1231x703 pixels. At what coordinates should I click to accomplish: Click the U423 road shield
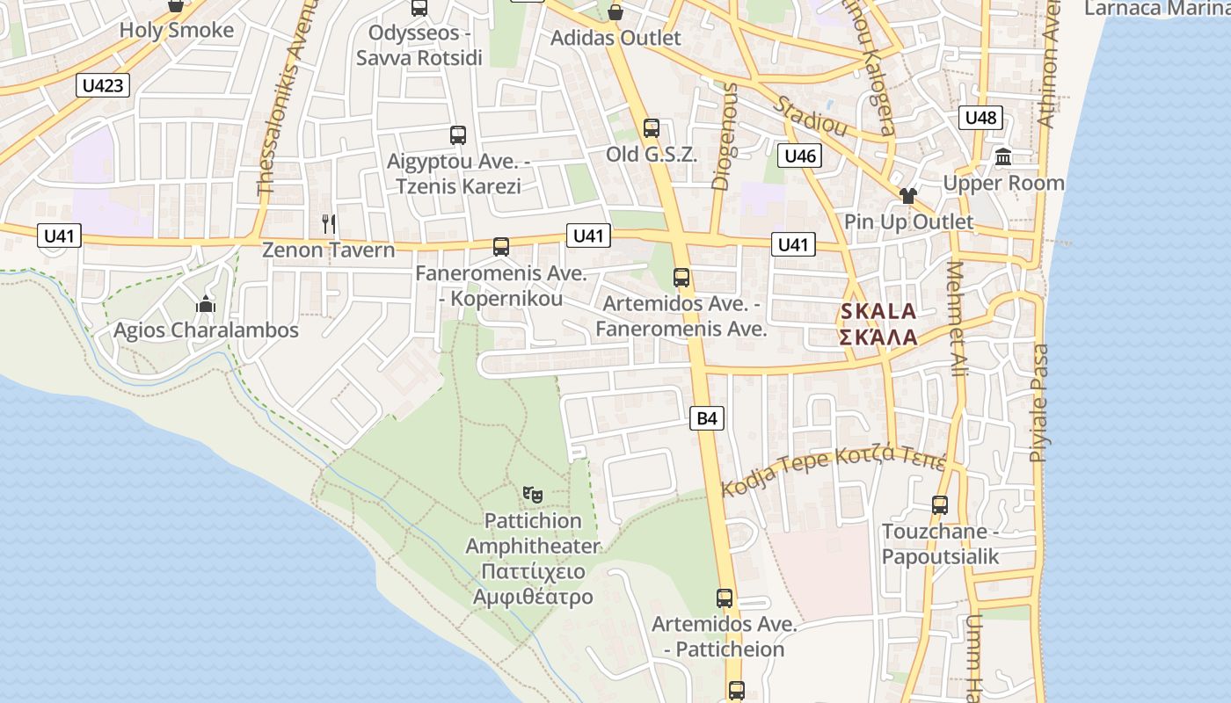click(104, 85)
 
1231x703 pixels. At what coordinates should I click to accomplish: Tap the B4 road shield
click(707, 418)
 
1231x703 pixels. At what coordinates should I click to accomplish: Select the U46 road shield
click(799, 156)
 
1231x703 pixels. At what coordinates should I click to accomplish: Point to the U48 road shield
click(980, 118)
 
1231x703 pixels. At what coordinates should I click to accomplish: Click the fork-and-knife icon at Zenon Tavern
click(329, 224)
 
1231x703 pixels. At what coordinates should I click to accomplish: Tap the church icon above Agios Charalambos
click(206, 305)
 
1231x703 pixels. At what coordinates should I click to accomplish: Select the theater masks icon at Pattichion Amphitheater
click(532, 495)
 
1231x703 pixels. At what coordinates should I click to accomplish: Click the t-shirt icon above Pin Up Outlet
click(907, 195)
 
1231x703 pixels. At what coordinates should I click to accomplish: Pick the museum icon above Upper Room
click(1002, 157)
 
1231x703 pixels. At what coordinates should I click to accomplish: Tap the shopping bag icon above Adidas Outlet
click(615, 11)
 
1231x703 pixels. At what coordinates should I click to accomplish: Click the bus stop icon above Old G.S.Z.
click(651, 128)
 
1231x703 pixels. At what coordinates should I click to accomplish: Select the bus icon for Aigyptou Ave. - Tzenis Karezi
click(457, 135)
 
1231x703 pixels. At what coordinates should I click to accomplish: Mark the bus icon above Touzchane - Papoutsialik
click(940, 505)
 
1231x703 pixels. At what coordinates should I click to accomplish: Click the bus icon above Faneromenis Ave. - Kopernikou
click(501, 247)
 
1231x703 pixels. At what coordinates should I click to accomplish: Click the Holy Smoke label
click(176, 31)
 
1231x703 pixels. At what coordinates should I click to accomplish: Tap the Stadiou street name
click(811, 116)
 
